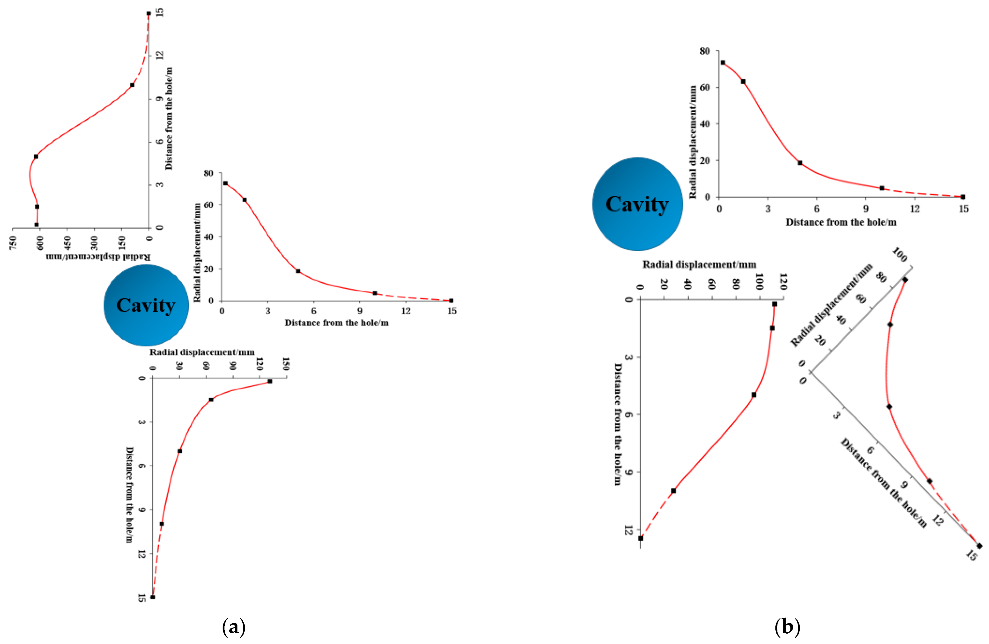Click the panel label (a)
234,627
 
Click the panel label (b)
787,627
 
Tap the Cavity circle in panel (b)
637,204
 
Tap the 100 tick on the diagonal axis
900,254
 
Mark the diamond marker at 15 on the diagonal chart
979,546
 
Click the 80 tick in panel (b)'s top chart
705,51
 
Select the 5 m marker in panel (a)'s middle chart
298,271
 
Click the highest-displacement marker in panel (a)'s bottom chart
270,381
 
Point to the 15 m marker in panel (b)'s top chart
963,197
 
